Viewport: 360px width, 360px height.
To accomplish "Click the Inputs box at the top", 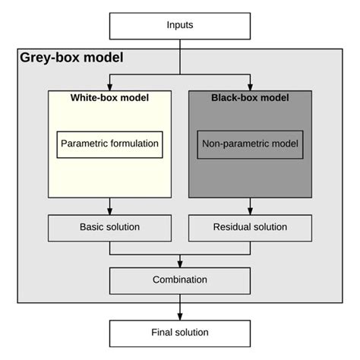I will pyautogui.click(x=180, y=25).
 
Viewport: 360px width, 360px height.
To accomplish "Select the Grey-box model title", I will pyautogui.click(x=71, y=58).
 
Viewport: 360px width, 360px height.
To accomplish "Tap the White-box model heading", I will pyautogui.click(x=109, y=98).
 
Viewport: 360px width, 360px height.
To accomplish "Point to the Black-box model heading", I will pyautogui.click(x=250, y=98).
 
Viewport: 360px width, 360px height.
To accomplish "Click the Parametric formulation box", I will pyautogui.click(x=109, y=143).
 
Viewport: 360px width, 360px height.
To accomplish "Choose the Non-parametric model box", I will pyautogui.click(x=250, y=143).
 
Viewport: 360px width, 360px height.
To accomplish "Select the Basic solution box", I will pyautogui.click(x=109, y=227).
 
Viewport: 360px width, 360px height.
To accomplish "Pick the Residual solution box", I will pyautogui.click(x=250, y=227).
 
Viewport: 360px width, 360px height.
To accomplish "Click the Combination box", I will pyautogui.click(x=180, y=279).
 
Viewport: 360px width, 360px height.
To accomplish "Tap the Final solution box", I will pyautogui.click(x=180, y=333).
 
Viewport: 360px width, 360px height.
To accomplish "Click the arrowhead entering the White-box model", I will pyautogui.click(x=110, y=86).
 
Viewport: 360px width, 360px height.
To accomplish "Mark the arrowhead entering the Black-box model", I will pyautogui.click(x=250, y=86).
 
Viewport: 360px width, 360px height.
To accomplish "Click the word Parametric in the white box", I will pyautogui.click(x=83, y=143).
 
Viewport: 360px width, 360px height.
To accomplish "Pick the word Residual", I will pyautogui.click(x=230, y=227).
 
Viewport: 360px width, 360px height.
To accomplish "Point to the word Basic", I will pyautogui.click(x=92, y=227).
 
